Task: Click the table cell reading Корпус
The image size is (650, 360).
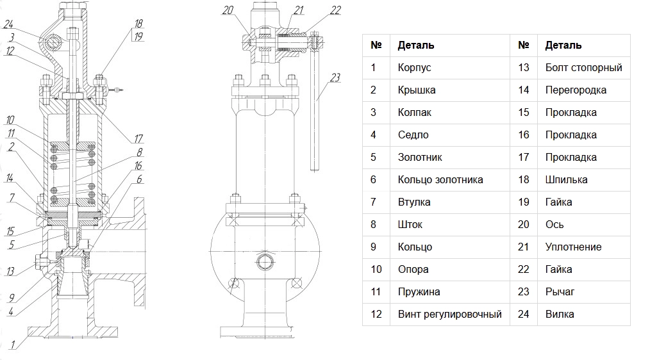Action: click(x=414, y=67)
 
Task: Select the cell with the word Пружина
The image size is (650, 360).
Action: click(x=419, y=291)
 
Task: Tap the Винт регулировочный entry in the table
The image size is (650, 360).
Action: click(x=450, y=314)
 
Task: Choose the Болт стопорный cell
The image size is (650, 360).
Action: click(x=584, y=67)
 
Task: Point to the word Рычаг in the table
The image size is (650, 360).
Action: click(x=560, y=291)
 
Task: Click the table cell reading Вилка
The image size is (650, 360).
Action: click(x=560, y=314)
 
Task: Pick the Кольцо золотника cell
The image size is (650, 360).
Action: click(x=440, y=179)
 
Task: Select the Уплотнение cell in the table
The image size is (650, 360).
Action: click(x=573, y=247)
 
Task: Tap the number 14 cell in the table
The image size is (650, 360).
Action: click(x=524, y=90)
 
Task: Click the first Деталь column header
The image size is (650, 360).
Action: click(x=416, y=45)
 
